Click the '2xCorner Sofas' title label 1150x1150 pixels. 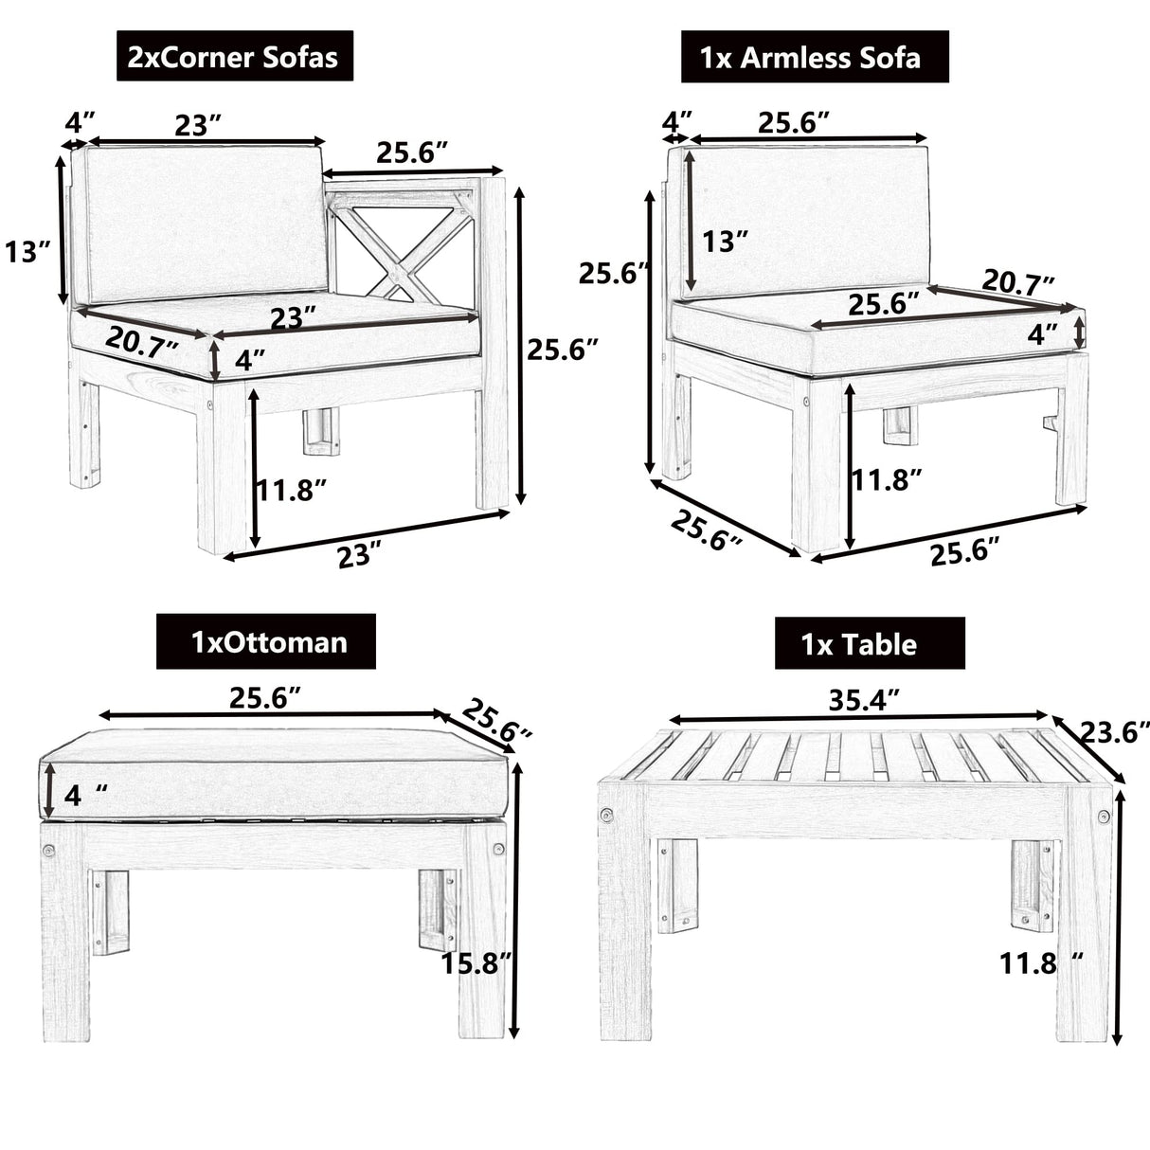[x=233, y=57]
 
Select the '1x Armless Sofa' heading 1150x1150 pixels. [x=814, y=58]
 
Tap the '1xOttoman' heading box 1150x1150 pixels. [x=266, y=642]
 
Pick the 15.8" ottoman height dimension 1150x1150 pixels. [x=476, y=962]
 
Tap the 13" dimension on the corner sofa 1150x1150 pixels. [x=27, y=252]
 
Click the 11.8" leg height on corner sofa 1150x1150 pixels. [x=292, y=490]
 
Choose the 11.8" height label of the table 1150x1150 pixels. [x=1040, y=963]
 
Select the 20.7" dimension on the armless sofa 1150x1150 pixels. [x=1017, y=281]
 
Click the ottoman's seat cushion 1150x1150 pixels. [x=275, y=772]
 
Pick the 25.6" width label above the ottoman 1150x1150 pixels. [x=265, y=698]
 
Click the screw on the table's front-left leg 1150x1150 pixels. [x=605, y=815]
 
